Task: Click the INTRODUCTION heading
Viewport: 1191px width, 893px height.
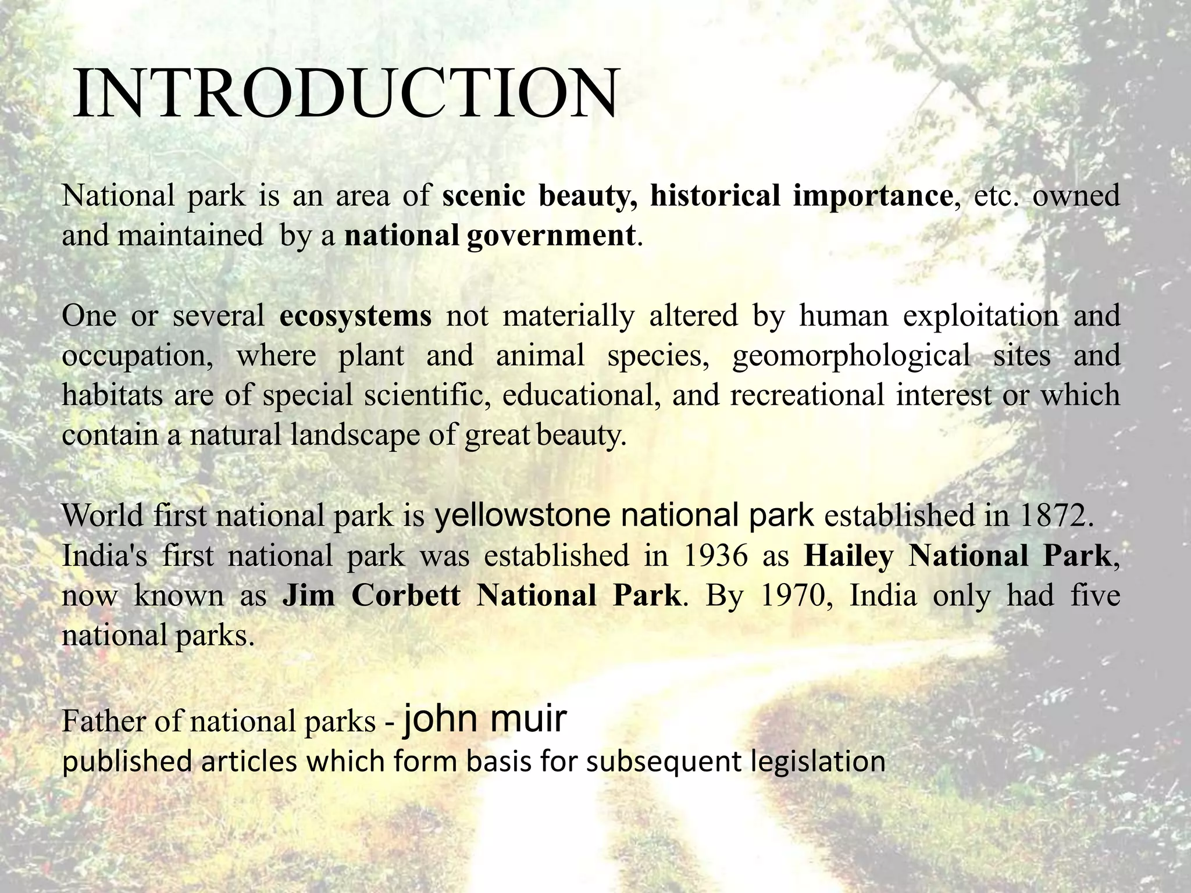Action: click(344, 93)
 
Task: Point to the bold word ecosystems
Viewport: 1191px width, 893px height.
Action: click(355, 316)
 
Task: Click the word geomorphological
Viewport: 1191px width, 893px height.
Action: click(851, 356)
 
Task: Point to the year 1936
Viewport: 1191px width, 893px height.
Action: click(715, 556)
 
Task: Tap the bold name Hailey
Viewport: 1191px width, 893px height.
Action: click(848, 556)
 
